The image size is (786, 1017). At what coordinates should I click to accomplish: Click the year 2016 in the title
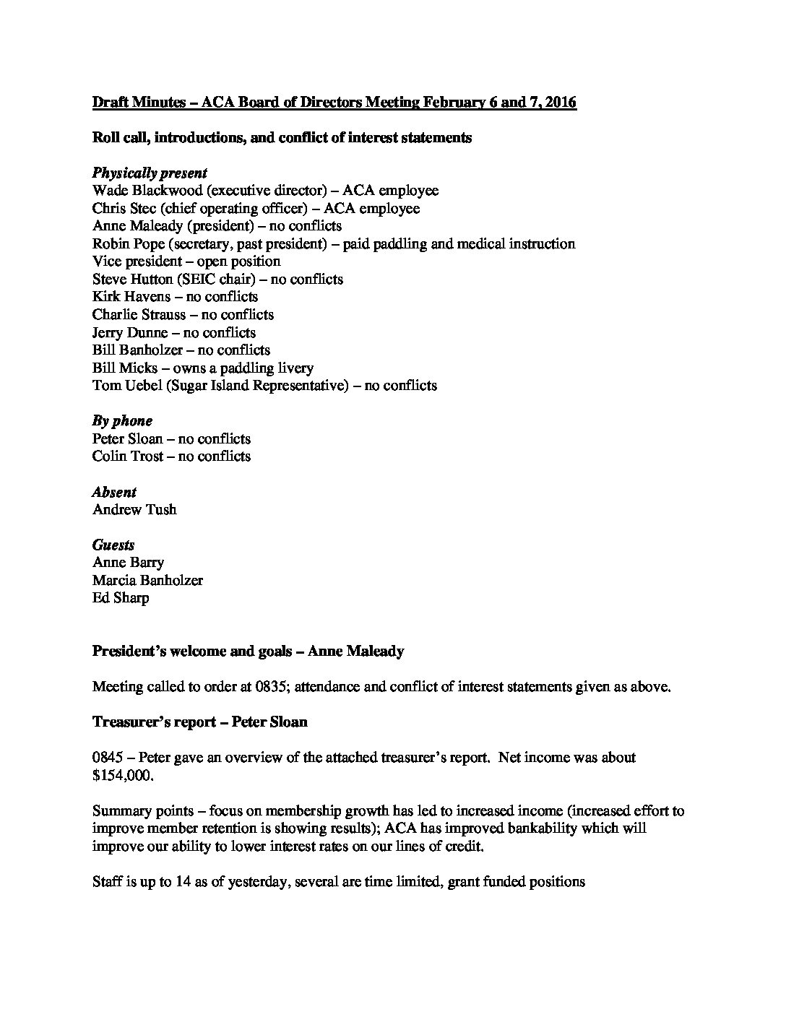point(560,103)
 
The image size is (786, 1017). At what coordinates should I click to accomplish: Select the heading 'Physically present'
point(150,173)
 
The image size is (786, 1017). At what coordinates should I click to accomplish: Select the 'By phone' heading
point(122,421)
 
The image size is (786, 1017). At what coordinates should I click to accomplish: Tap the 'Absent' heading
point(114,492)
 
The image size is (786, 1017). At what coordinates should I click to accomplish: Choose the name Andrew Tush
point(134,510)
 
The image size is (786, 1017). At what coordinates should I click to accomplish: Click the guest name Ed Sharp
point(121,598)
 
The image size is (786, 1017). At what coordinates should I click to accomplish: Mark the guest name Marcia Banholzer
point(147,580)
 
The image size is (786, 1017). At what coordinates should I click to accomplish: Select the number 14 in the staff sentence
point(183,882)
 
